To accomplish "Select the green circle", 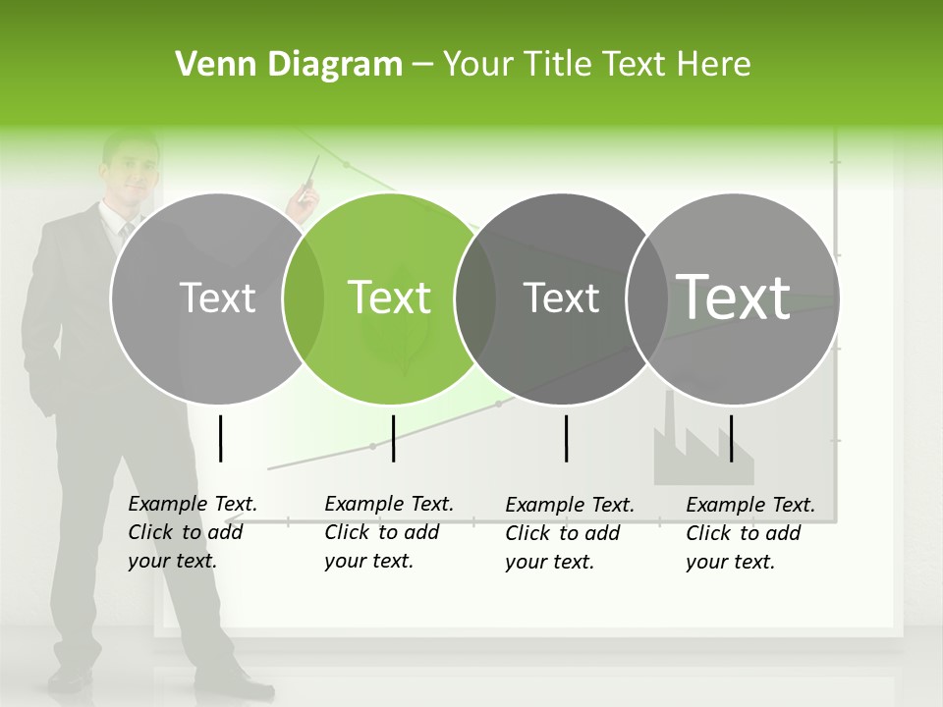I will [390, 334].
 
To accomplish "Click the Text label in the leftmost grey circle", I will [217, 298].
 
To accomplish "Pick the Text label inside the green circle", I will [390, 298].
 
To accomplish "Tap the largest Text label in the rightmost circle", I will [734, 297].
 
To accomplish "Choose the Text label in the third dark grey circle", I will [561, 298].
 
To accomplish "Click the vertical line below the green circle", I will [393, 438].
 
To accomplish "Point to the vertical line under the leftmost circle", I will [220, 438].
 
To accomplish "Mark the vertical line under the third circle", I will [567, 438].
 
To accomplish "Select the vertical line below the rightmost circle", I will [731, 438].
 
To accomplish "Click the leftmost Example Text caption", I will [193, 532].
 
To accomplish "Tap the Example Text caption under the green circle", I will [389, 532].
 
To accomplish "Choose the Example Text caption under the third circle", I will [570, 533].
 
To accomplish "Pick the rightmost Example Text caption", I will [750, 533].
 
